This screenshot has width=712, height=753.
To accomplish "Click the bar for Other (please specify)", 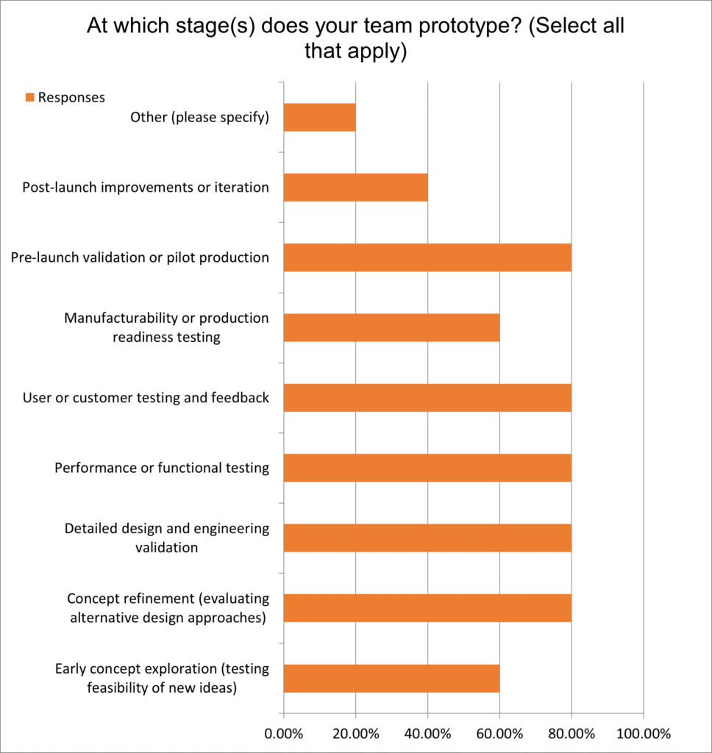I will pos(319,117).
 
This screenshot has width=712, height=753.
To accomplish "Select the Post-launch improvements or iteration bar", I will pos(355,188).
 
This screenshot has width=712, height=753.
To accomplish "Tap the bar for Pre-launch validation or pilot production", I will pos(427,257).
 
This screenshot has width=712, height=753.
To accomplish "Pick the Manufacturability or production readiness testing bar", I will pos(391,327).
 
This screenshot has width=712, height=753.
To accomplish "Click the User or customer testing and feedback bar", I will pos(427,398).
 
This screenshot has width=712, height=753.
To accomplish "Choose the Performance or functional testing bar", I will pos(427,468).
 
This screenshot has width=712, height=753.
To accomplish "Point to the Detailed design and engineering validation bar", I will pos(427,538).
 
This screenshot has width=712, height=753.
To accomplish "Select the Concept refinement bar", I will pos(427,608).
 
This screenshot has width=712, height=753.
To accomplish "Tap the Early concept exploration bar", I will pos(391,678).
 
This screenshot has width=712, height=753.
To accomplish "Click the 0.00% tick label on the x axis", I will pos(283,733).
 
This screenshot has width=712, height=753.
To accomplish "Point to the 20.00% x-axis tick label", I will pos(355,733).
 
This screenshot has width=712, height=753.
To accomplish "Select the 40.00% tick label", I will pos(427,733).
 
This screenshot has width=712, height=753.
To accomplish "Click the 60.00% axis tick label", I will pos(499,733).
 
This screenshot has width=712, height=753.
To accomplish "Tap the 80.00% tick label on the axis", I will pos(572,733).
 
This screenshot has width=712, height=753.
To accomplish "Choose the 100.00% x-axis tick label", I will pos(644,733).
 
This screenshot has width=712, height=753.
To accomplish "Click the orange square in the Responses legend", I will pos(30,97).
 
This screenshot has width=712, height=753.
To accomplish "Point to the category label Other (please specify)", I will pos(199,117).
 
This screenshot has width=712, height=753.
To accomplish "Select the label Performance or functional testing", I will pos(162,468).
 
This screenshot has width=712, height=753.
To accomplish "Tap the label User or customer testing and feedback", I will pos(146,398).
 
